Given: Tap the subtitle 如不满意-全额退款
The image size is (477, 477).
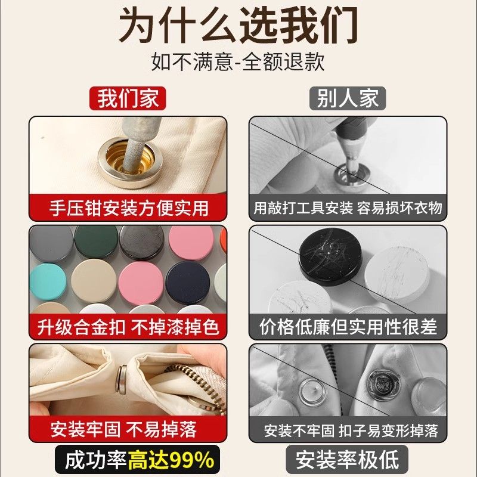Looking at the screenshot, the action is (x=238, y=62).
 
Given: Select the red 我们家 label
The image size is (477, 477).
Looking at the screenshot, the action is (x=128, y=98).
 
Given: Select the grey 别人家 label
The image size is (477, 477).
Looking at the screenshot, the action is (x=348, y=98).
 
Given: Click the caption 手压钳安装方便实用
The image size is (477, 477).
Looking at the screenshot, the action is (x=129, y=208).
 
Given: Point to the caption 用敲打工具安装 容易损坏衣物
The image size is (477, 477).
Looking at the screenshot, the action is (x=348, y=208).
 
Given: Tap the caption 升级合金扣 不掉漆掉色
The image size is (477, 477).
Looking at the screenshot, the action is (x=128, y=327).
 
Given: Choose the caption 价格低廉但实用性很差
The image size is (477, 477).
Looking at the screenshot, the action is (x=348, y=327).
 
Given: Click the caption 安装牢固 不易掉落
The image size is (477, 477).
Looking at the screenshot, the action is (x=124, y=429).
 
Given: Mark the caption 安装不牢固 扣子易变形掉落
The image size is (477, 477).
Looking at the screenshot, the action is (x=351, y=430).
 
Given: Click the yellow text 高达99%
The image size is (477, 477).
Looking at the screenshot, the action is (x=171, y=460).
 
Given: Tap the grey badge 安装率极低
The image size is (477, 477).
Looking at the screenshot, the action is (x=347, y=460).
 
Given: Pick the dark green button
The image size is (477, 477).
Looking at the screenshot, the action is (x=96, y=241).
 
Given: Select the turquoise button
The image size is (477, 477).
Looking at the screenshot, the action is (x=48, y=281).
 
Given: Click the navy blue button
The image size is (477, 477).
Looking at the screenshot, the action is (x=188, y=283).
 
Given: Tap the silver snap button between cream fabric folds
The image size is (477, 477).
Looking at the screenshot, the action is (x=122, y=379).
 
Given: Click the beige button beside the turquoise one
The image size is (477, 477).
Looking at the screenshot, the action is (x=94, y=282).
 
